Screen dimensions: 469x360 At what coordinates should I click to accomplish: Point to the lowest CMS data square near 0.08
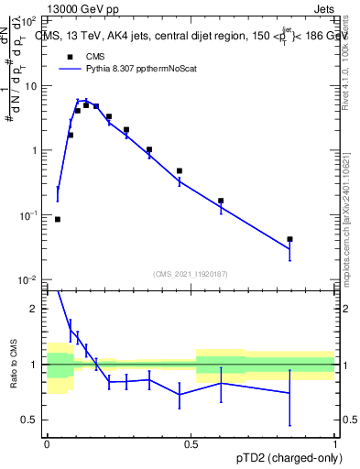point(58,219)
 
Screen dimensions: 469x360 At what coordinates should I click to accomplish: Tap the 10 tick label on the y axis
point(33,85)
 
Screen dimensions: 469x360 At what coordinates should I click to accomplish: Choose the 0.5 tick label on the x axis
point(191,442)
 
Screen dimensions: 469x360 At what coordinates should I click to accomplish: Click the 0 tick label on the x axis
point(47,442)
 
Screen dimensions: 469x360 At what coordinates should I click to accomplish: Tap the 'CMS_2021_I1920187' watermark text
point(191,273)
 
